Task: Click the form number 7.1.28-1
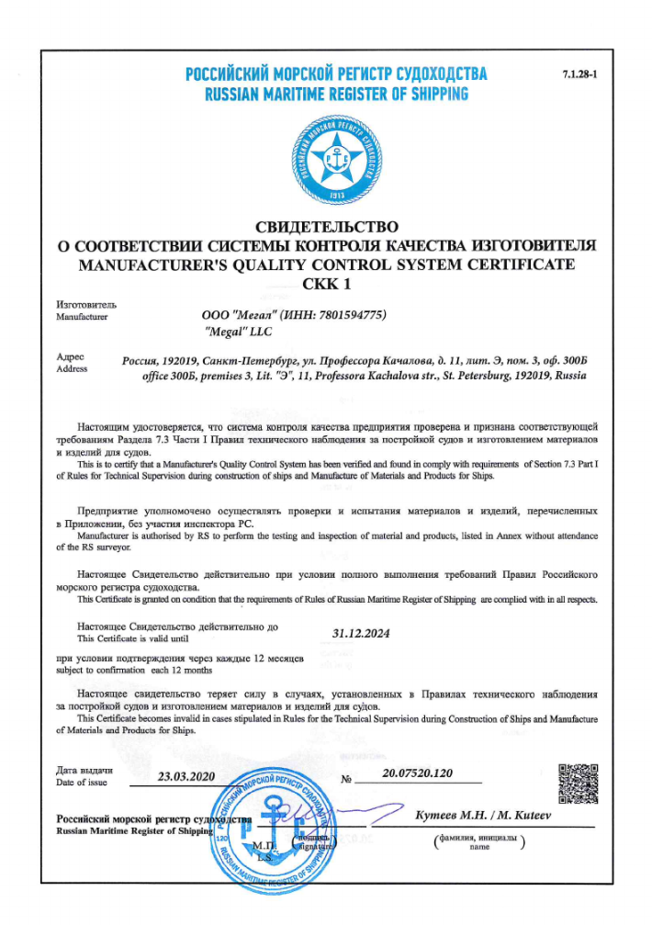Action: tap(579, 73)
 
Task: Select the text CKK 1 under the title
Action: tap(326, 284)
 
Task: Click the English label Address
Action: tap(73, 369)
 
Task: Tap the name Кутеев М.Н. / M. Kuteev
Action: tap(483, 817)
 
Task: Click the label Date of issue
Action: tap(82, 783)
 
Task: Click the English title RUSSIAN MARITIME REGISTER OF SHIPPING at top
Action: tap(335, 94)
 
